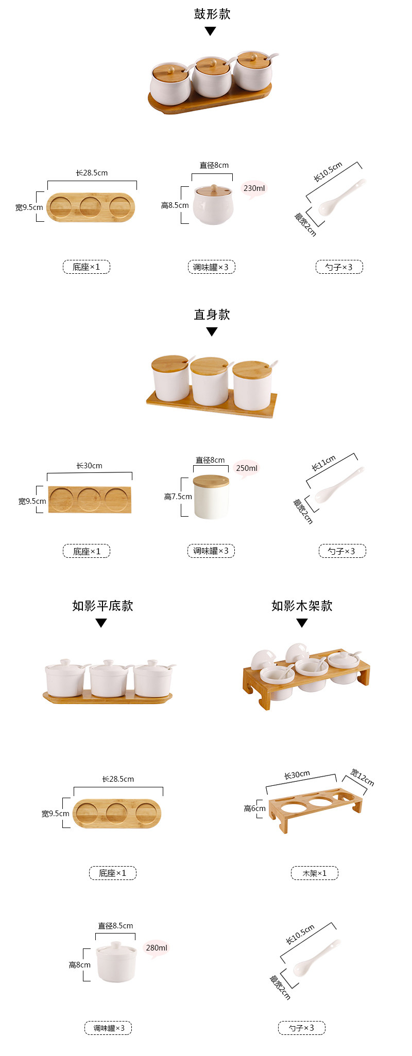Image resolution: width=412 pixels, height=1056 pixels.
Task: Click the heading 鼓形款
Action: [x=212, y=14]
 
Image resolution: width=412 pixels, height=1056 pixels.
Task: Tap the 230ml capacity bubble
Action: [x=254, y=188]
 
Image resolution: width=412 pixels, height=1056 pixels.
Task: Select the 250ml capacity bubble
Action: [x=246, y=468]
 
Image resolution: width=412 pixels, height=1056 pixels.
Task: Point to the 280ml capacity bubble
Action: [x=156, y=948]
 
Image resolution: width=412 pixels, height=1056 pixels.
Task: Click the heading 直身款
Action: [x=212, y=314]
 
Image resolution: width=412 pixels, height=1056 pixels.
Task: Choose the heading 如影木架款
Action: [x=302, y=606]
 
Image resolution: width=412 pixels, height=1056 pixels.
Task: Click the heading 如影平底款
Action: [x=102, y=606]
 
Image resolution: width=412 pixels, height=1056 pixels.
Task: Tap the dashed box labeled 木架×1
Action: [x=314, y=873]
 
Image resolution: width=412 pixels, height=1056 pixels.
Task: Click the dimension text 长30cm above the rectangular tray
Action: [x=89, y=466]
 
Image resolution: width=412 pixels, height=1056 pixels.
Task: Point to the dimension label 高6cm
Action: [x=254, y=808]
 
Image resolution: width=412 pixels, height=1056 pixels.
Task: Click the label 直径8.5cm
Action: [x=115, y=926]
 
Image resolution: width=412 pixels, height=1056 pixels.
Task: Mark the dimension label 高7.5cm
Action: [x=178, y=497]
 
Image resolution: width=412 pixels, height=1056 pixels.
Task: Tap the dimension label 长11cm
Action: [x=323, y=463]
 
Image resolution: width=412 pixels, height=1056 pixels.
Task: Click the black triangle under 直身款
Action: [x=212, y=332]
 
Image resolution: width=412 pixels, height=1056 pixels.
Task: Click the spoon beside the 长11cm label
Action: [x=337, y=485]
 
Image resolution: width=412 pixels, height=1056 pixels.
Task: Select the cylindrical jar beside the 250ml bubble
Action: [x=211, y=497]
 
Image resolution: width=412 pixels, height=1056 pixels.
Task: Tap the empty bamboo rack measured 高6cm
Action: [x=315, y=807]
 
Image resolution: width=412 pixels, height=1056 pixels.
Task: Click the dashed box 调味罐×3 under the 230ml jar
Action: [x=211, y=267]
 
